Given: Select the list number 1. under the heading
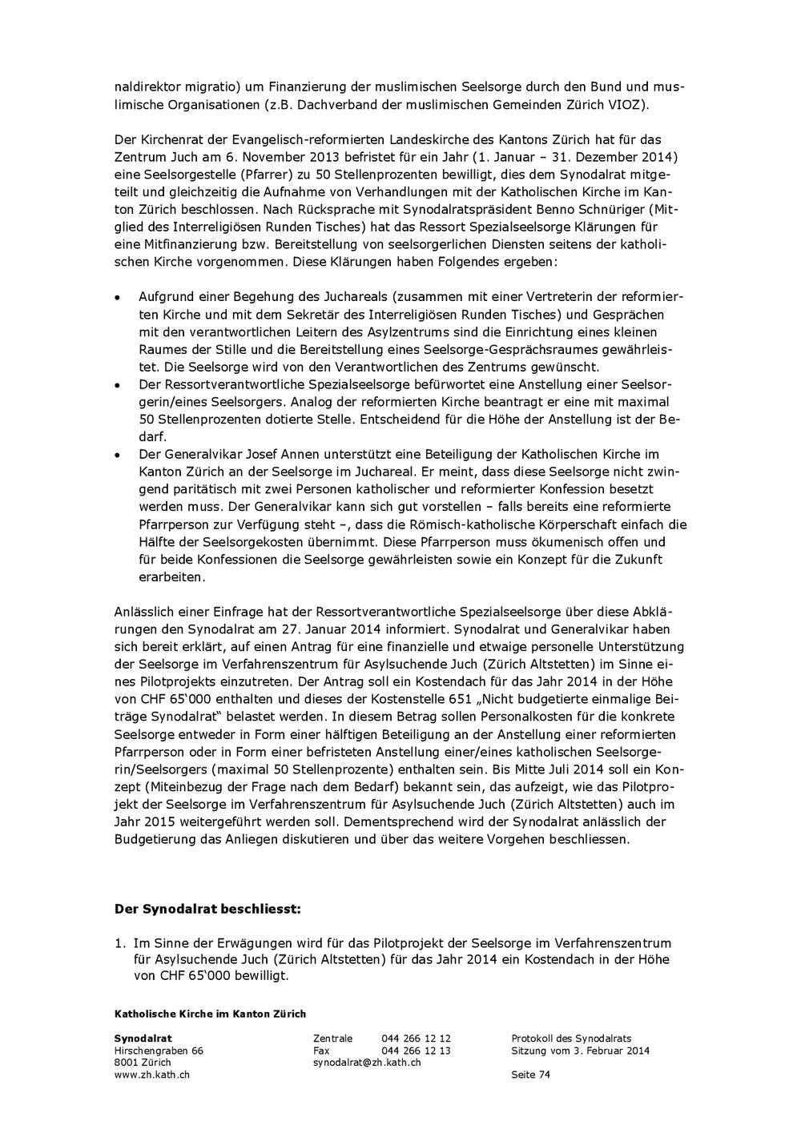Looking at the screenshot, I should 119,943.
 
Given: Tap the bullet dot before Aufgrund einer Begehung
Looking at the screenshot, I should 117,297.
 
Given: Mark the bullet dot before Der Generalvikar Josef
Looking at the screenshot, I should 117,455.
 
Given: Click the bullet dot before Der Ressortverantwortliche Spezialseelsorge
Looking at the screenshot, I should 117,385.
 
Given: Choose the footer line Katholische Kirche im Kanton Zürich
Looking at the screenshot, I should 210,1014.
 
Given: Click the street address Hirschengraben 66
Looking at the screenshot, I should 159,1051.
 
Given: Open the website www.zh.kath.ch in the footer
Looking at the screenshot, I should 152,1075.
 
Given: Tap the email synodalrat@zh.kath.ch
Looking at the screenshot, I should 367,1063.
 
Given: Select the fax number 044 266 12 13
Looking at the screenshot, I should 416,1051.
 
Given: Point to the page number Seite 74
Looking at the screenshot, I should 530,1075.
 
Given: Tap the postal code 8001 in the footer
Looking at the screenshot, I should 127,1063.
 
